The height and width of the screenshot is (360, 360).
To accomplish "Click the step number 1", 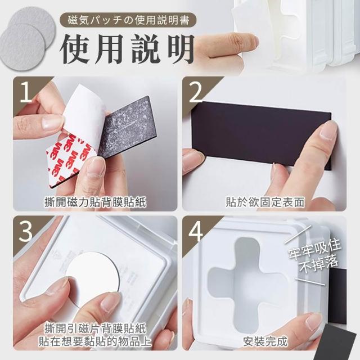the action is click(x=26, y=93).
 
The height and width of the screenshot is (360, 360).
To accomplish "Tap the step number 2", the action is click(x=196, y=92).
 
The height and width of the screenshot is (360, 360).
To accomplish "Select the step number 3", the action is click(x=26, y=231).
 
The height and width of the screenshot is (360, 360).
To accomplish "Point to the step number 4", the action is click(x=196, y=231).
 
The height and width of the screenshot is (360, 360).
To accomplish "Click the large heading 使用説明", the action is click(x=127, y=49).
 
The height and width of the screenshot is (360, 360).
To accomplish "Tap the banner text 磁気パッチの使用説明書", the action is click(x=129, y=20).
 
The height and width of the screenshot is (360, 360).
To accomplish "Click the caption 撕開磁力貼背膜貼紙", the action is click(x=95, y=202).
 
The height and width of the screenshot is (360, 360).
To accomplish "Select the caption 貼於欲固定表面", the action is click(x=265, y=202).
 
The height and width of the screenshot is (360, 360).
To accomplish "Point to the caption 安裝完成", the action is click(x=265, y=341).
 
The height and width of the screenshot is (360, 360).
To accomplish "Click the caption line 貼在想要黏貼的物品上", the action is click(x=95, y=341).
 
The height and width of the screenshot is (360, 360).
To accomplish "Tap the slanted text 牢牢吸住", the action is click(x=315, y=249).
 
